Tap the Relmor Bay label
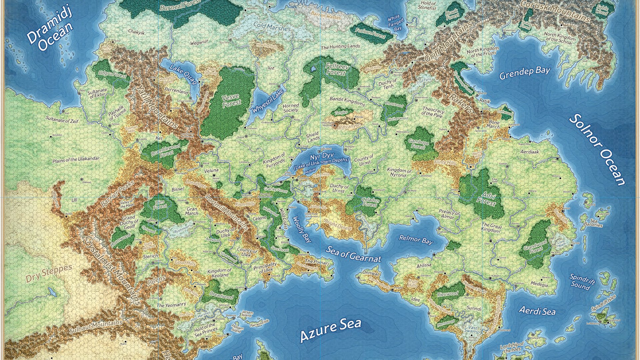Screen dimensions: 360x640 click(x=416, y=239)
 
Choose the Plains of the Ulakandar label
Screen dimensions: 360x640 click(x=76, y=160)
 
